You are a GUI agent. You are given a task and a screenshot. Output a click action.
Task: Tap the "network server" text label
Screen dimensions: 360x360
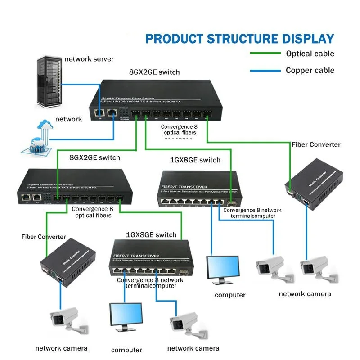tap(89, 59)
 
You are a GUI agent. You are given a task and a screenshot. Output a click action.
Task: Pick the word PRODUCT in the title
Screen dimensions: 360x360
tap(174, 39)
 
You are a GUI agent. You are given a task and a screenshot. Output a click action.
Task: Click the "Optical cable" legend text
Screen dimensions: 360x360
tap(310, 54)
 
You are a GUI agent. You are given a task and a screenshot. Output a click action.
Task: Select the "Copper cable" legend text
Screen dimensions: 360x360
tap(310, 71)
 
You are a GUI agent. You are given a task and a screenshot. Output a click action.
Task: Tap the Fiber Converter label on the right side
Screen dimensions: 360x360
tap(316, 145)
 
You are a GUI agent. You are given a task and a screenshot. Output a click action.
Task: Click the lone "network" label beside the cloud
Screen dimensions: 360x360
tap(68, 119)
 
